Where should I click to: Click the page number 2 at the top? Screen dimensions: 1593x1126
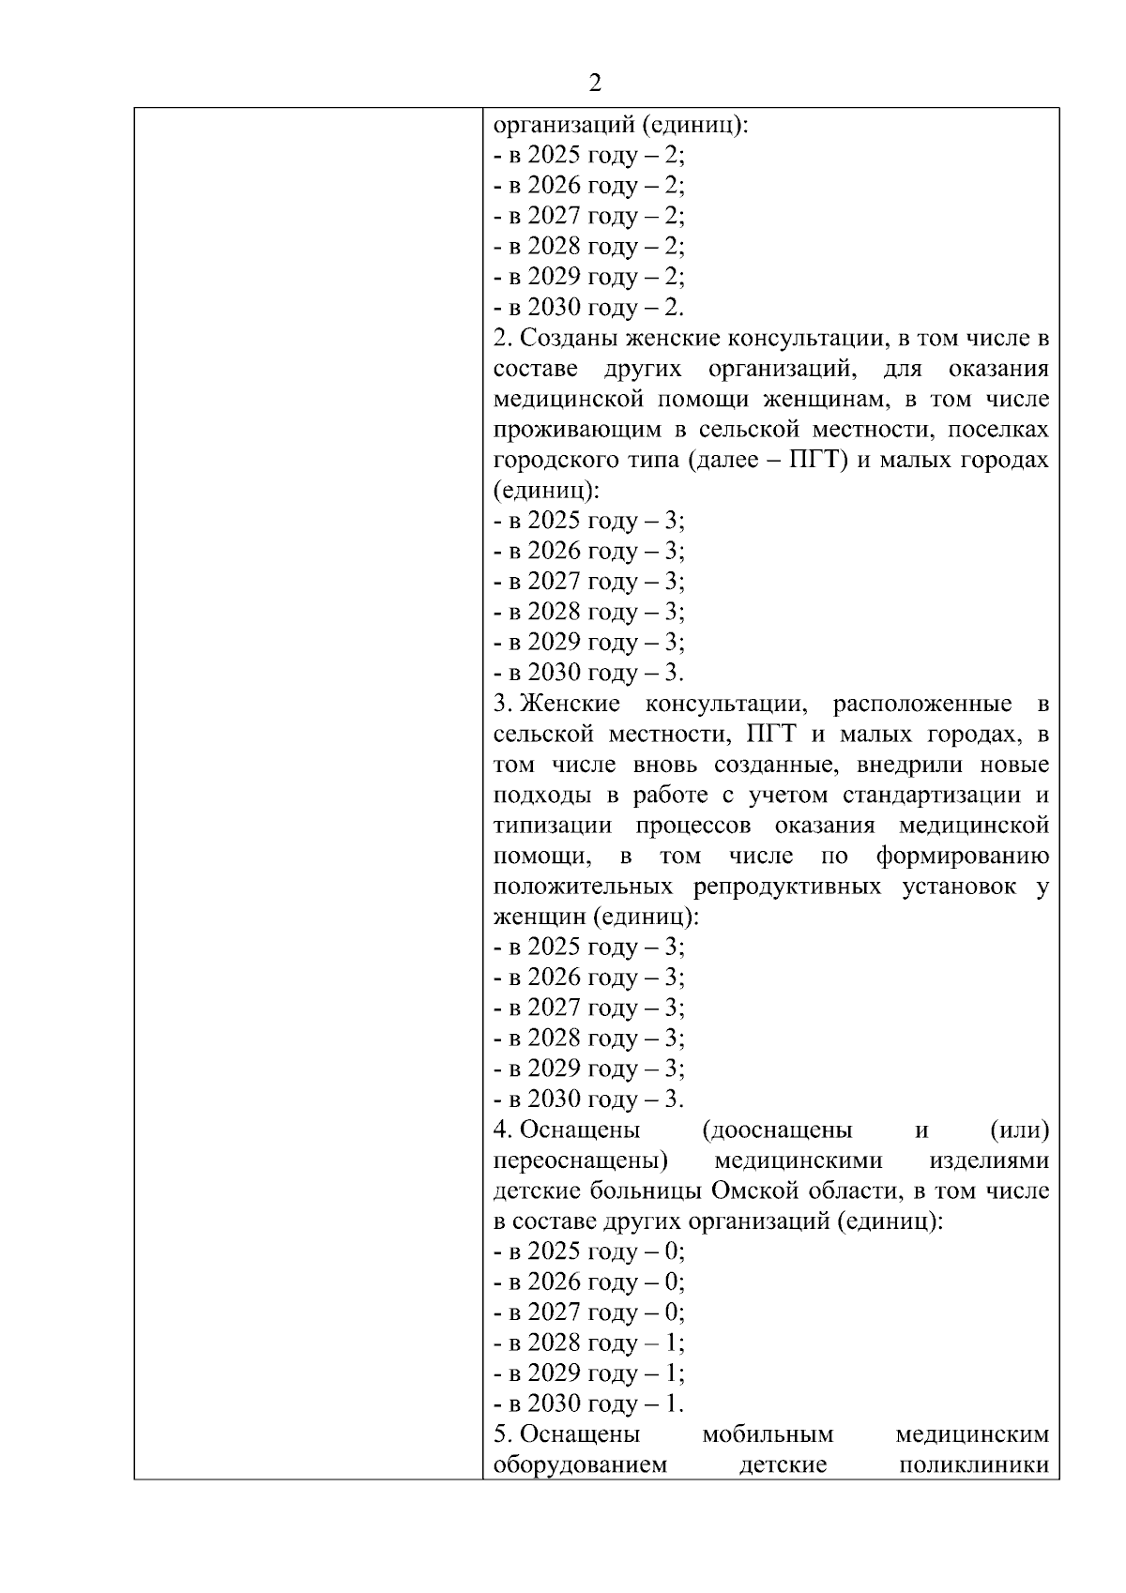pyautogui.click(x=594, y=83)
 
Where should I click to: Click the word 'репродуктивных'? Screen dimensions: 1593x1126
pyautogui.click(x=787, y=887)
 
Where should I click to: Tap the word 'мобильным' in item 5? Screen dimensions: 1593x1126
pyautogui.click(x=768, y=1434)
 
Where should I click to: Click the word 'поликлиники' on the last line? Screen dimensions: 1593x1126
pyautogui.click(x=973, y=1465)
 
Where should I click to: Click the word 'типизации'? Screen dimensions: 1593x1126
pyautogui.click(x=552, y=826)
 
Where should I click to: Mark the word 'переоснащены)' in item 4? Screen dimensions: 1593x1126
pyautogui.click(x=580, y=1161)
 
